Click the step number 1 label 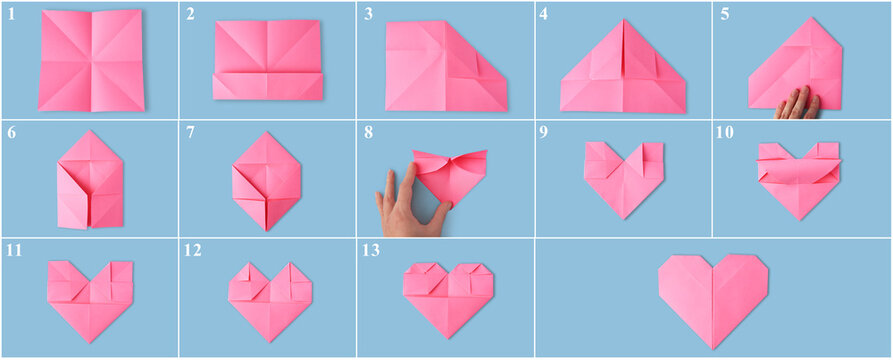11,13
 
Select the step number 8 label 368,132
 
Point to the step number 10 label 726,132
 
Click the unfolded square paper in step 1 91,60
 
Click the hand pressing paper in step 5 798,103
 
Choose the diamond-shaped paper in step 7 266,181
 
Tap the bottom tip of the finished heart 713,346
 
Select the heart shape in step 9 623,176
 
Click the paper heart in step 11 90,298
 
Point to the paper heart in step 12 269,299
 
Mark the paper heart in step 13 449,297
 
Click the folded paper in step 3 444,67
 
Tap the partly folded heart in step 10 799,177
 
